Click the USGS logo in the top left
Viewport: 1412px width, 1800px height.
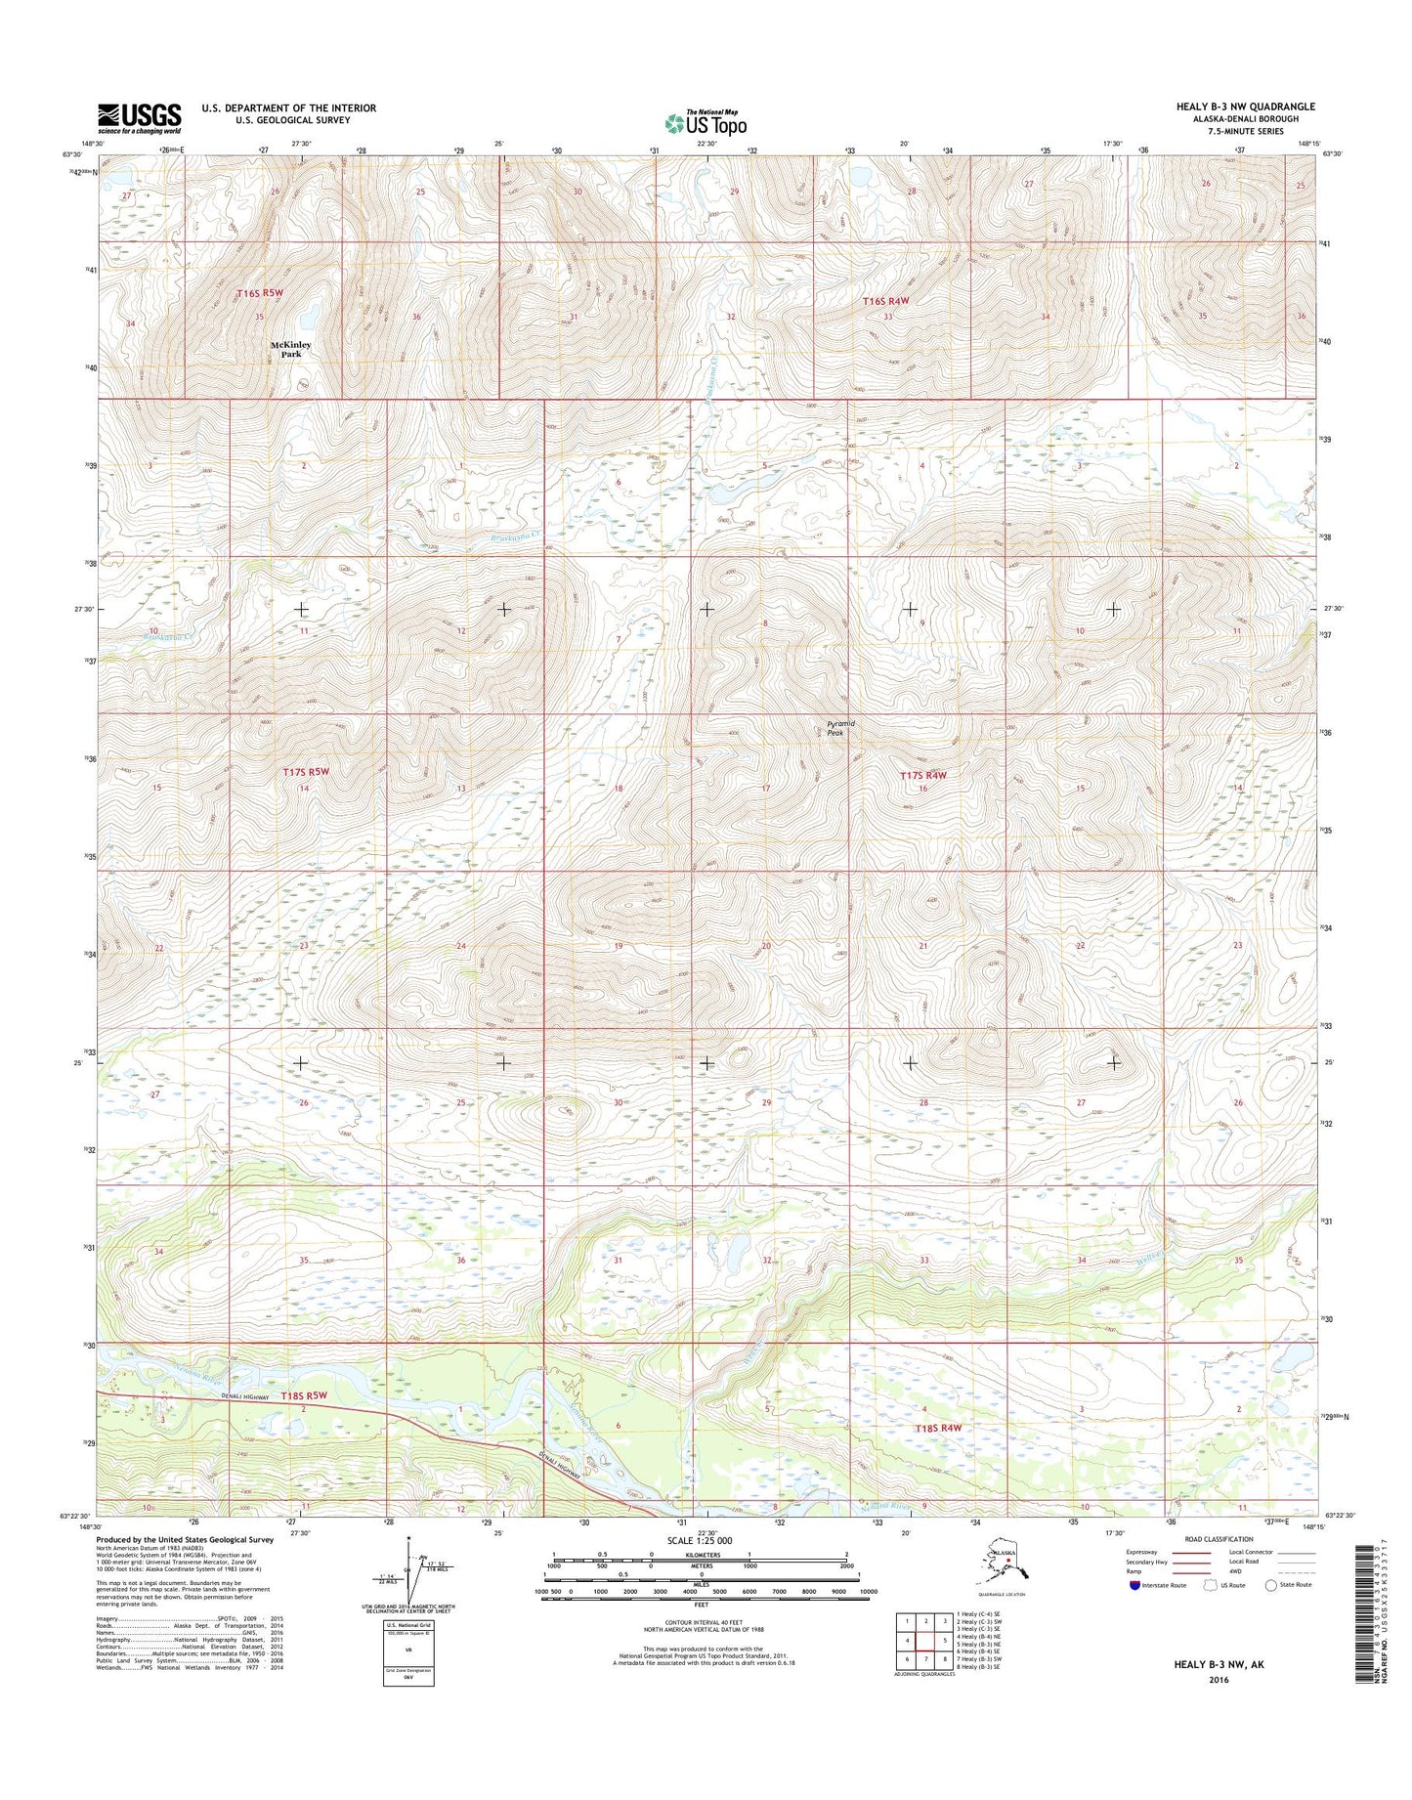139,118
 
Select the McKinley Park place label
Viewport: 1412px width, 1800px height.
291,349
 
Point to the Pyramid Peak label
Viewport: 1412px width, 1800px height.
840,728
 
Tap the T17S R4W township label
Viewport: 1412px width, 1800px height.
923,775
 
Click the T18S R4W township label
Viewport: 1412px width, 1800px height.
938,1428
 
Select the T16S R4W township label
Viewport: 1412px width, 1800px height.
885,302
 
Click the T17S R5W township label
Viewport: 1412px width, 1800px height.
306,772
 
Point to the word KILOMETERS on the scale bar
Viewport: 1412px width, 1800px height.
701,1566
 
